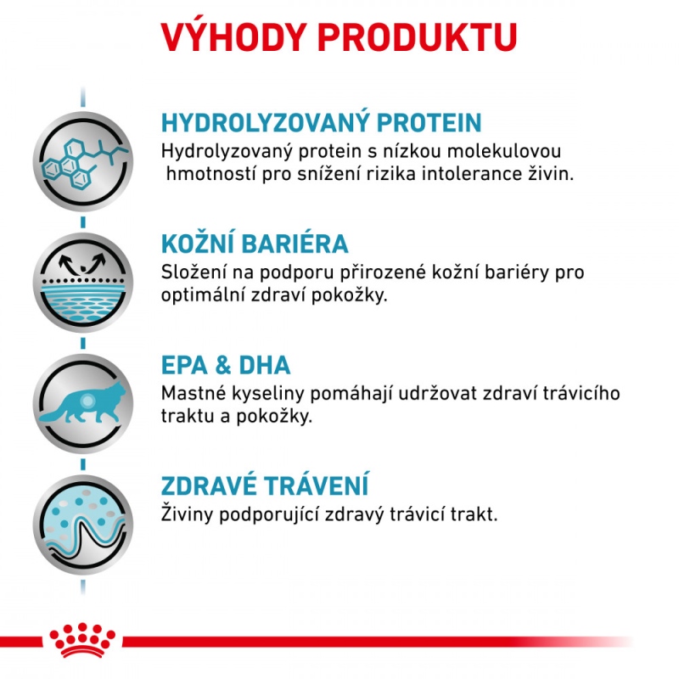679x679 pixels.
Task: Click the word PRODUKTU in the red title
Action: (x=418, y=37)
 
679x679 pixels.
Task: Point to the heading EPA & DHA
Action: (x=226, y=365)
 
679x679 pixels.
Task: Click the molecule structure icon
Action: (x=83, y=161)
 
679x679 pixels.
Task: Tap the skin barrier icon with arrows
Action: (x=83, y=283)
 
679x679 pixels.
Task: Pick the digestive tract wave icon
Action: (x=83, y=525)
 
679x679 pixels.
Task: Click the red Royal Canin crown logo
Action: (x=82, y=640)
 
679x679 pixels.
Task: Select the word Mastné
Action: (x=194, y=394)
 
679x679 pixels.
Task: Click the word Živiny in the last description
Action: (x=187, y=514)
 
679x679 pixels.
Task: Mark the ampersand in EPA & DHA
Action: (x=223, y=365)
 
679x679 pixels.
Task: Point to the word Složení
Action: (x=194, y=272)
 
